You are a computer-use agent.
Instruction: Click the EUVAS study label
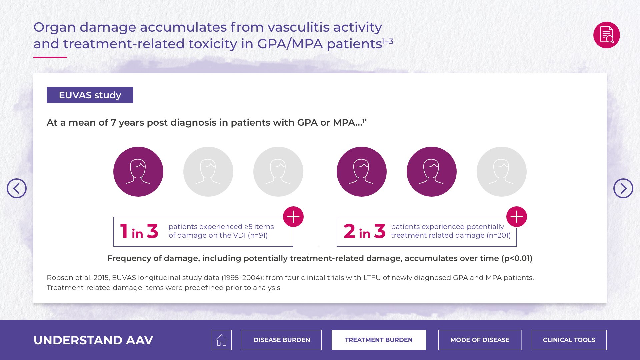click(x=90, y=95)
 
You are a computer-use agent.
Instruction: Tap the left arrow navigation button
click(x=17, y=188)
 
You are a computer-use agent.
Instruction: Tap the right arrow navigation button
click(x=623, y=188)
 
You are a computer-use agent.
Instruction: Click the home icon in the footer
click(x=222, y=340)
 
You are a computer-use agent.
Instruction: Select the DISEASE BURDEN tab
click(x=282, y=340)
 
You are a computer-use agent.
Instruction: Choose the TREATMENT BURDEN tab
click(x=379, y=340)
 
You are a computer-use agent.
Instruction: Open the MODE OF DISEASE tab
click(x=480, y=340)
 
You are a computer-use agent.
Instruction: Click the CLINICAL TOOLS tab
click(x=569, y=340)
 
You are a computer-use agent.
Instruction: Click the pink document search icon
click(x=607, y=35)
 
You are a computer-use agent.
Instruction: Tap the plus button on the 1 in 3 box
click(x=293, y=217)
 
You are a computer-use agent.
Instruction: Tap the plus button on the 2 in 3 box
click(x=517, y=217)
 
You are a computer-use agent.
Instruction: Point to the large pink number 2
click(x=349, y=231)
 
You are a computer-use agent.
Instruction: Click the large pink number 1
click(x=124, y=231)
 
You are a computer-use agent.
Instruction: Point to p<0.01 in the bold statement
click(x=517, y=258)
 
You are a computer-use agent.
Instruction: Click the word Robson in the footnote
click(x=60, y=278)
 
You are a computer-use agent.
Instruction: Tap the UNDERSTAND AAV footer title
click(x=93, y=340)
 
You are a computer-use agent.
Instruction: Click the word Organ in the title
click(x=55, y=28)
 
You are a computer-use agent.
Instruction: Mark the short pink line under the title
click(x=50, y=57)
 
